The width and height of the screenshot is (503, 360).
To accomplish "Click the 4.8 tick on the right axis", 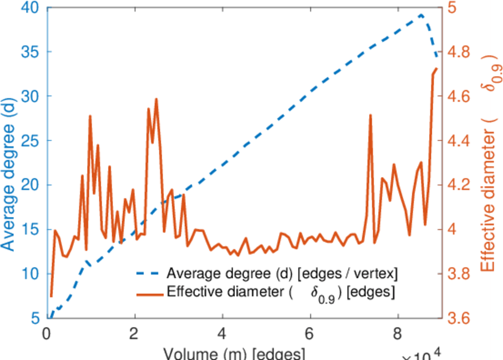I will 460,52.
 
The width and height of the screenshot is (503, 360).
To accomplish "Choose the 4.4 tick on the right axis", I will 460,141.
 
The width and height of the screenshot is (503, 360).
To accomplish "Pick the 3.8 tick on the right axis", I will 460,274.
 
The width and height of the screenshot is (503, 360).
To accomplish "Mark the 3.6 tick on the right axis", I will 460,319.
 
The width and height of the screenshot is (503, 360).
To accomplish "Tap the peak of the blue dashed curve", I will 421,15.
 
